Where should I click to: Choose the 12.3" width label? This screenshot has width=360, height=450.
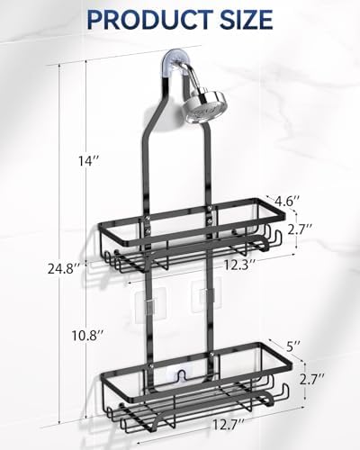pyautogui.click(x=238, y=264)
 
